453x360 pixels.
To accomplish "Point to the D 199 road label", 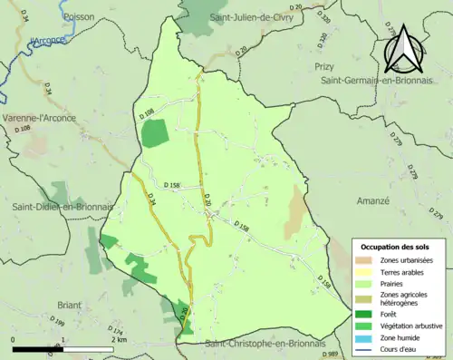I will click(x=57, y=324).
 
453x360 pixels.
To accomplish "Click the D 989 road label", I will click(x=333, y=354).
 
